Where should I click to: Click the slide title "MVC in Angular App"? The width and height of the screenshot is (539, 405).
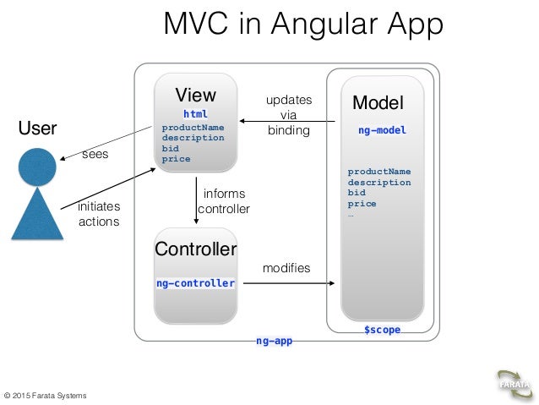(x=302, y=25)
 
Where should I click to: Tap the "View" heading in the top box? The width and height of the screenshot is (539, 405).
(x=195, y=95)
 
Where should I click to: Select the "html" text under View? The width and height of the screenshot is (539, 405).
(x=195, y=113)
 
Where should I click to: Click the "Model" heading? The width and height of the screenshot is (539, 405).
(x=378, y=103)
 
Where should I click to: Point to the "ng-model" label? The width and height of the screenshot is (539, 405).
(x=382, y=131)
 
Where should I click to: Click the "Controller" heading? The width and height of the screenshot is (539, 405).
(x=196, y=249)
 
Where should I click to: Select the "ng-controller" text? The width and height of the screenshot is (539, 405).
(x=195, y=283)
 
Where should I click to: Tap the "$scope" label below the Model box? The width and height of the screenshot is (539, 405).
(x=382, y=330)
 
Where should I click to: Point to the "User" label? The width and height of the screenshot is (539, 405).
(x=38, y=129)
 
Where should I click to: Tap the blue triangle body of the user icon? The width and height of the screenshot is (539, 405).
(x=38, y=215)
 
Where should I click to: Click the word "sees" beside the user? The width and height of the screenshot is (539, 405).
(x=95, y=156)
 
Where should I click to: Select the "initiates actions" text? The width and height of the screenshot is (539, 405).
(x=99, y=214)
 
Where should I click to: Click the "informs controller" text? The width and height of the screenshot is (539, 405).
(x=224, y=201)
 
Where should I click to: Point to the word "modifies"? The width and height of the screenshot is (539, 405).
(x=286, y=268)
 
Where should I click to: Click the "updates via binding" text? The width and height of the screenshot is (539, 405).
(x=289, y=115)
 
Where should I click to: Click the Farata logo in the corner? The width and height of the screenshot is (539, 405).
(x=514, y=383)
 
